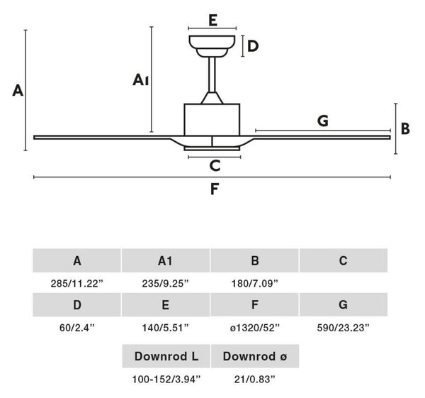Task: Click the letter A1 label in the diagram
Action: tap(140, 80)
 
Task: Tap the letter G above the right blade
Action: tap(323, 121)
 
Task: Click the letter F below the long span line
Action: tap(215, 189)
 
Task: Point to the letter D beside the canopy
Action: tap(253, 46)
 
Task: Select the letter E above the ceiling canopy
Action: tap(212, 21)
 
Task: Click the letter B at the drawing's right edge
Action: tap(405, 128)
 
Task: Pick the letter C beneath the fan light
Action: tap(215, 165)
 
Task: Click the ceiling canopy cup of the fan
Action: tap(212, 46)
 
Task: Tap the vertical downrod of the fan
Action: tap(212, 74)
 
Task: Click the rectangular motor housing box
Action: tap(212, 120)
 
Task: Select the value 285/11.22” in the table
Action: tap(77, 284)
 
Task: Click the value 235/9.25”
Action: tap(165, 284)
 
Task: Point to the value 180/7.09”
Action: tap(255, 284)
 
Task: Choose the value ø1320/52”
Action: tap(255, 328)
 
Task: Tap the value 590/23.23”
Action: tap(343, 328)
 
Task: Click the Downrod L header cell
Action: tap(166, 356)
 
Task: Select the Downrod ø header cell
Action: tap(255, 356)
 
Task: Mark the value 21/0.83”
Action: tap(255, 380)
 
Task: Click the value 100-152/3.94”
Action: tap(166, 380)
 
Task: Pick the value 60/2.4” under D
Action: tap(77, 328)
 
